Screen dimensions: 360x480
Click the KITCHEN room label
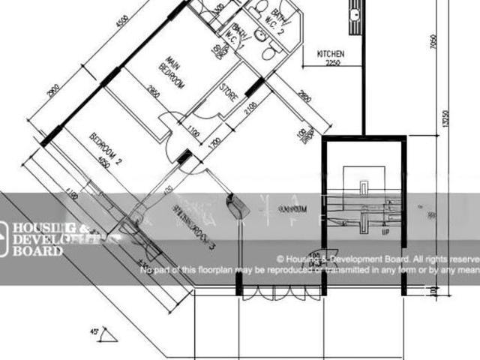(x=331, y=55)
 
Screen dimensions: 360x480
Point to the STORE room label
(x=229, y=93)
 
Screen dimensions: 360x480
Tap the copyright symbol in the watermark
(x=280, y=256)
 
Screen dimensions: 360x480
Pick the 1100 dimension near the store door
(x=194, y=133)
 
